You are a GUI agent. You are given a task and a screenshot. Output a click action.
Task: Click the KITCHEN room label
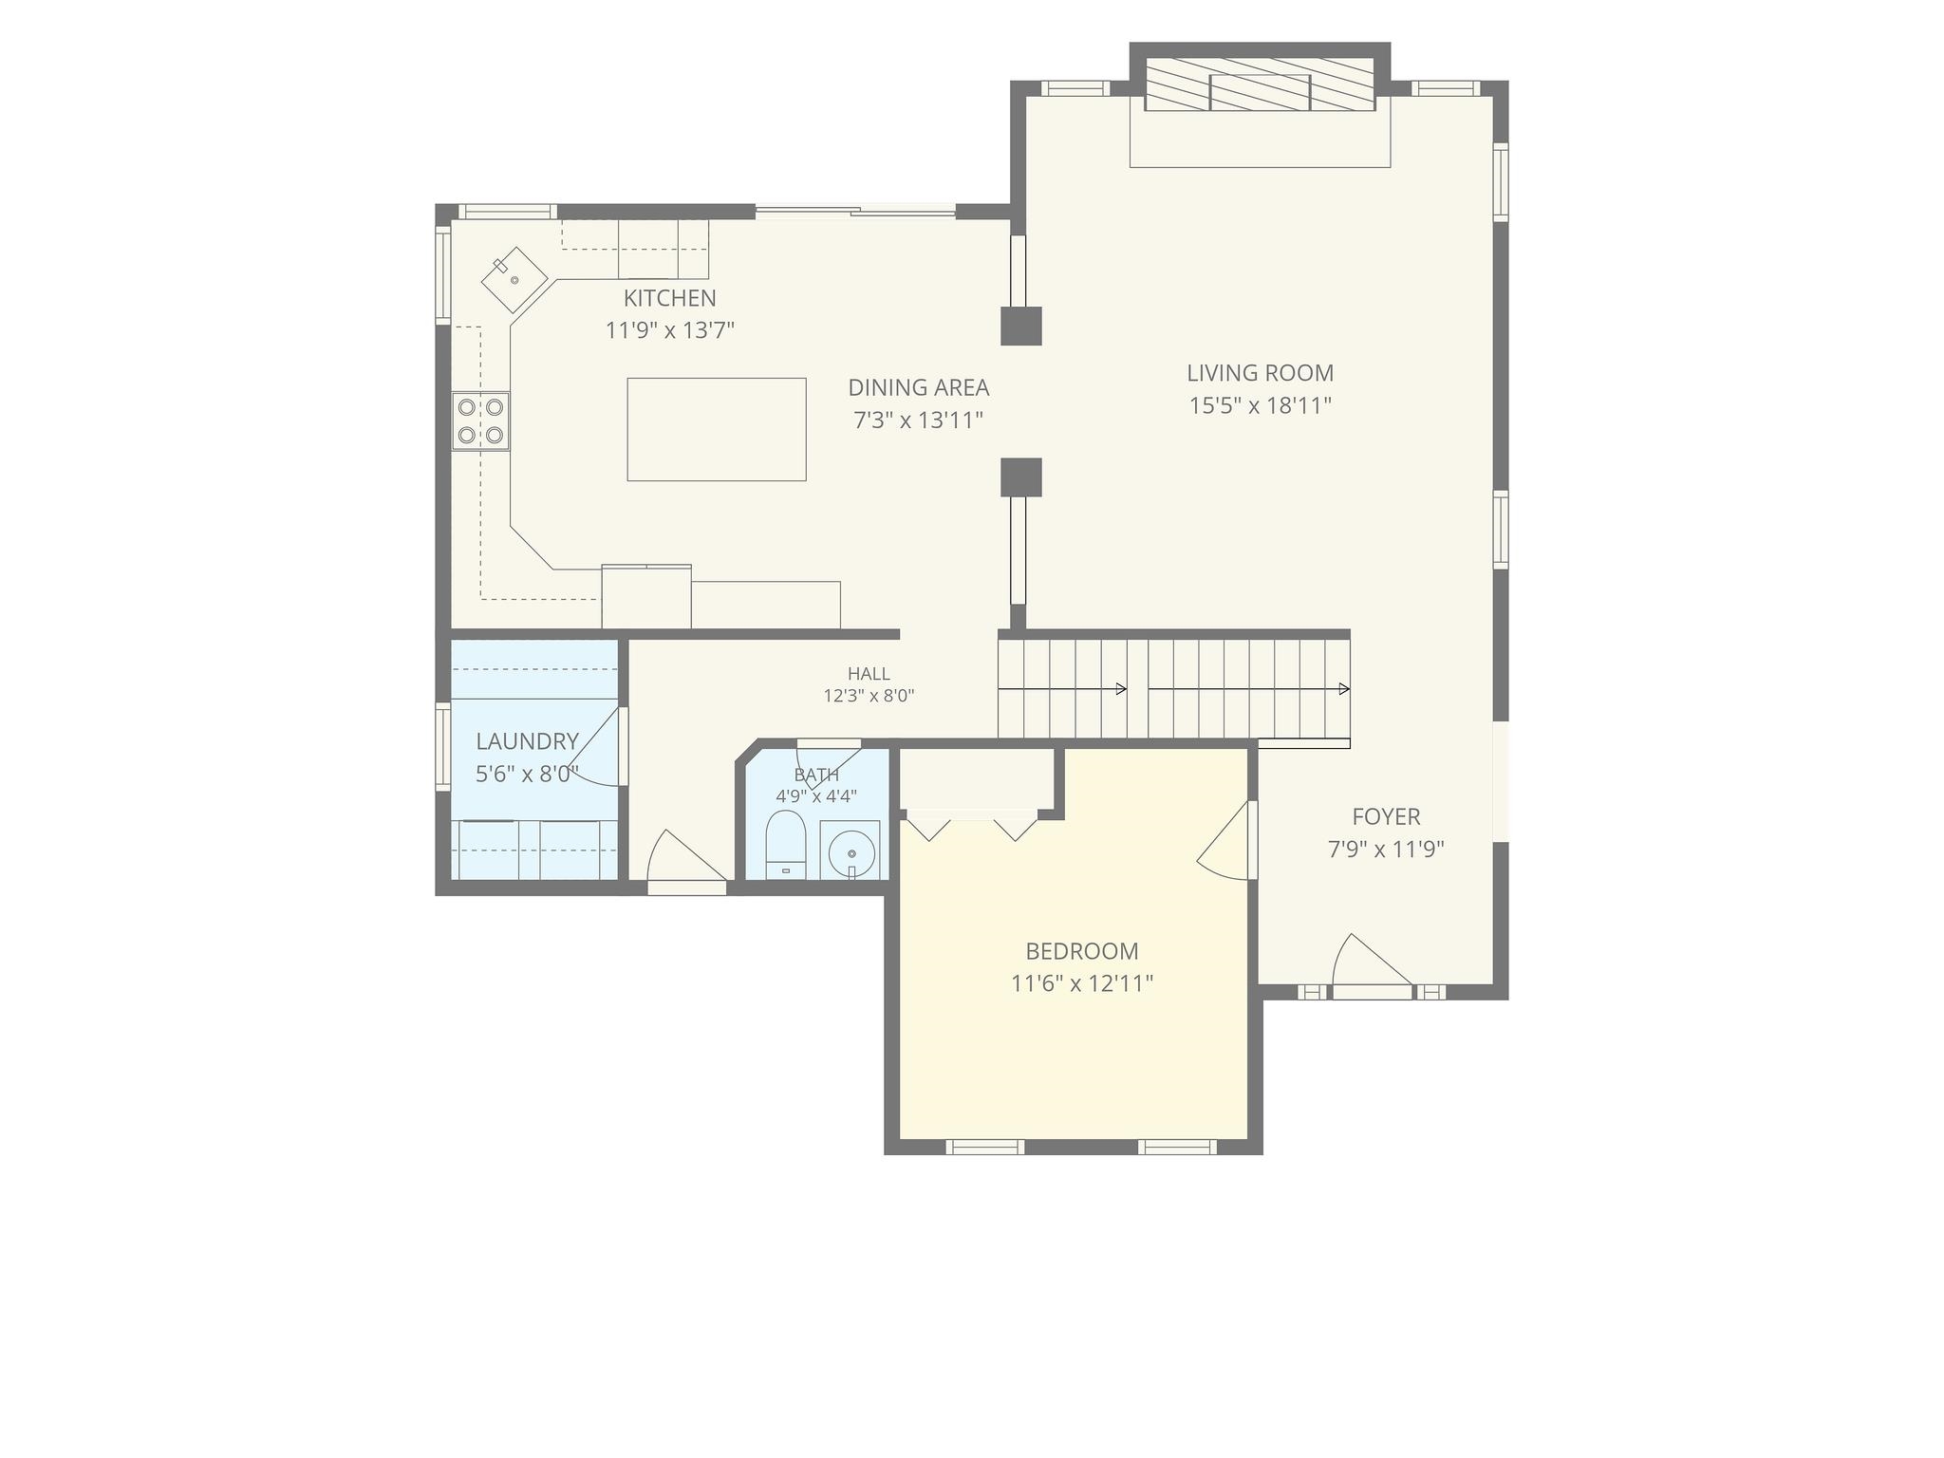point(669,298)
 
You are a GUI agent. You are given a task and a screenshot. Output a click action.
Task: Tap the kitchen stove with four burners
point(480,421)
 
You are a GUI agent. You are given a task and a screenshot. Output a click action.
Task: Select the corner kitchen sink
point(514,279)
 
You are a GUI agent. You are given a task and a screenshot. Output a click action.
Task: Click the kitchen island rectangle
point(717,429)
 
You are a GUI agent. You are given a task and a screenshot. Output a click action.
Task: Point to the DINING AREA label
point(918,387)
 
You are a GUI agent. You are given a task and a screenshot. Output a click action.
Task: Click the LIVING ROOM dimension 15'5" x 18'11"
point(1261,406)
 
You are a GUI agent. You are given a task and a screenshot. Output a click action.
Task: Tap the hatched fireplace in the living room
point(1261,84)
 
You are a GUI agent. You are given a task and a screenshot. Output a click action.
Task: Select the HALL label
point(869,674)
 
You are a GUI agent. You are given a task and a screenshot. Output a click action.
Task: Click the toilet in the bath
point(786,844)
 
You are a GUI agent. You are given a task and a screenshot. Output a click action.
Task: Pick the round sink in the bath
point(850,850)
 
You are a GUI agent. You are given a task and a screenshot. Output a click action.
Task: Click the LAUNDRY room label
point(527,741)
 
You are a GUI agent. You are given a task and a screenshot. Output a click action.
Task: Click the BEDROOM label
point(1082,951)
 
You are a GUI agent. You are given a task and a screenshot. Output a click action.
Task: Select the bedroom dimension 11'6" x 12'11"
point(1082,983)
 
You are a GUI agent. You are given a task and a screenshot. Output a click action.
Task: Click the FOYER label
point(1386,816)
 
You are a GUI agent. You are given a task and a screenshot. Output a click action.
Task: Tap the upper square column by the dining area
point(1021,326)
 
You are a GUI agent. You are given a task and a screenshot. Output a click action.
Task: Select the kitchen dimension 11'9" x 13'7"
point(670,330)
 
